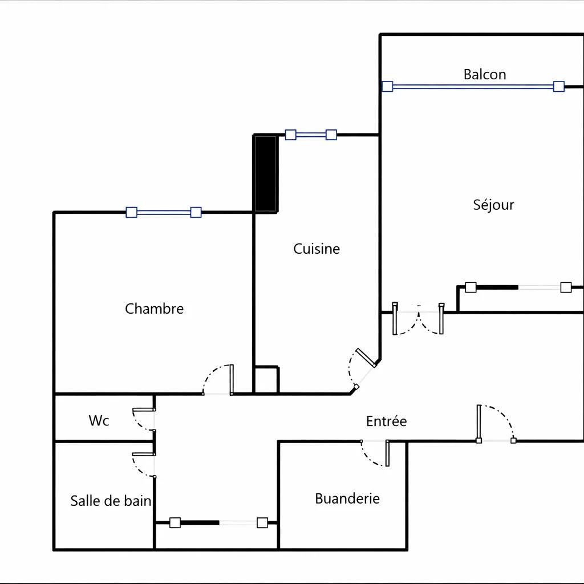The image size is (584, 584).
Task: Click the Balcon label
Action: [485, 75]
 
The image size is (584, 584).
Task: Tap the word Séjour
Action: [493, 205]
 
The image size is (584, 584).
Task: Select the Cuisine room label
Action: [317, 249]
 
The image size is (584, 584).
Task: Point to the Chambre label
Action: [154, 309]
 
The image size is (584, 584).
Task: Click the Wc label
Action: [99, 420]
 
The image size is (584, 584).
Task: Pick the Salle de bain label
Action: [111, 501]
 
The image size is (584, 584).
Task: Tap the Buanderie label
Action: [347, 498]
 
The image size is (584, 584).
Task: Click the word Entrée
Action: [386, 421]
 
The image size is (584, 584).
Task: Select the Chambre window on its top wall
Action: [164, 212]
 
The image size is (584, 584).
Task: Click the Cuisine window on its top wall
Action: [311, 135]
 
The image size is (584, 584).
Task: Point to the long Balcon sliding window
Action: [473, 87]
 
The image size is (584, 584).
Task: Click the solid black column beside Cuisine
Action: [266, 173]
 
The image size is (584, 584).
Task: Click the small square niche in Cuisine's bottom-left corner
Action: [266, 379]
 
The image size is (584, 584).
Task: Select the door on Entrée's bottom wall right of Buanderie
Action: [496, 424]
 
